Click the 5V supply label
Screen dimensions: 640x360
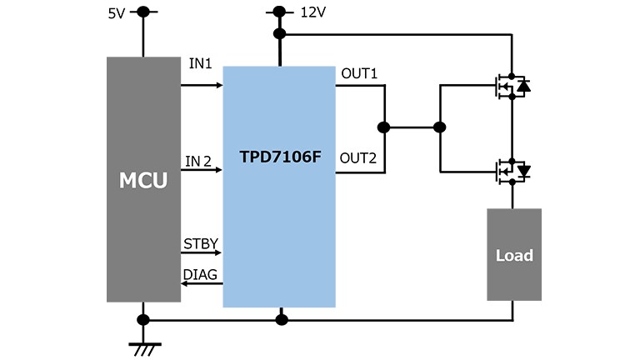[x=117, y=13]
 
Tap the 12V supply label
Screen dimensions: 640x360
[x=313, y=12]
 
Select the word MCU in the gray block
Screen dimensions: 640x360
[x=143, y=180]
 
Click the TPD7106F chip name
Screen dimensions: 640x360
[x=280, y=157]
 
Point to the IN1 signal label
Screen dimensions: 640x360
[x=200, y=63]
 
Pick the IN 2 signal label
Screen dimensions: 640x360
[x=198, y=161]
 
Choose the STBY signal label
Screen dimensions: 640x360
[x=201, y=243]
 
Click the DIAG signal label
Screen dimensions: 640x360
[x=200, y=274]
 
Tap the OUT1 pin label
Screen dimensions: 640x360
[x=359, y=73]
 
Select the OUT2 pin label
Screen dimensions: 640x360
[x=358, y=158]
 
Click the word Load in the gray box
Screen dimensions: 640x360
[x=514, y=256]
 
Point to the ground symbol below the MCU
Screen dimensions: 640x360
[x=144, y=349]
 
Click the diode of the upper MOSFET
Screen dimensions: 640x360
[x=523, y=86]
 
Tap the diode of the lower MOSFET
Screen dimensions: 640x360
[x=523, y=171]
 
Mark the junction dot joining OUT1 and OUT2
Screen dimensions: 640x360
[x=383, y=127]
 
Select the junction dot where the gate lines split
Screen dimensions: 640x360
[x=440, y=127]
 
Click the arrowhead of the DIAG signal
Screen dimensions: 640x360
[x=184, y=283]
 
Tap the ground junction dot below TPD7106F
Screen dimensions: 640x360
[x=282, y=320]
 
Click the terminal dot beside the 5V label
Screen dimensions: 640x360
[x=143, y=12]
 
